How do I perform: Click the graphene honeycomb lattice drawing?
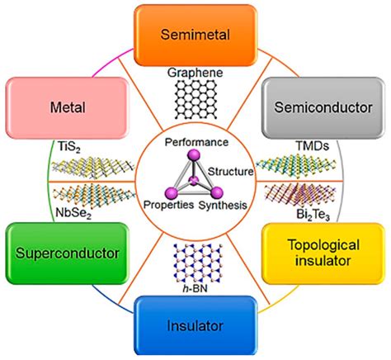[195, 102]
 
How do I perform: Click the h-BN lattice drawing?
[195, 262]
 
